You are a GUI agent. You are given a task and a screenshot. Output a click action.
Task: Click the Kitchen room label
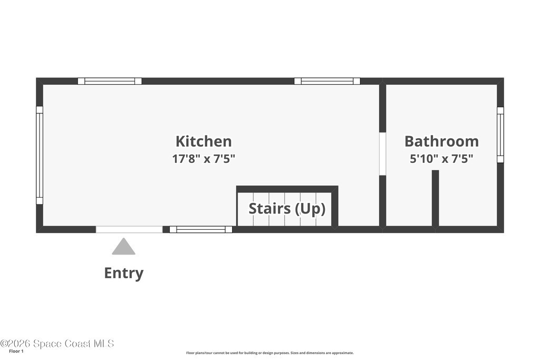pos(204,141)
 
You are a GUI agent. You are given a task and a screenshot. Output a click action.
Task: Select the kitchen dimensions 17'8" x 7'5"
pos(204,159)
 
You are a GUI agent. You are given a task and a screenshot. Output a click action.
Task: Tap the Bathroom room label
pos(441,141)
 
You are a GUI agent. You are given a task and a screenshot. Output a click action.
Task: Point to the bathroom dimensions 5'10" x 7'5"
pos(441,159)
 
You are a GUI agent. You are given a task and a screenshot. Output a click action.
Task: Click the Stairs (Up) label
pos(287,209)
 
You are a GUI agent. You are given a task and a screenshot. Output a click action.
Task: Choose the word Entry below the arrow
pos(123,273)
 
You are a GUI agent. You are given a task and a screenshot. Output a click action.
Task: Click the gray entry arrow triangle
pos(123,247)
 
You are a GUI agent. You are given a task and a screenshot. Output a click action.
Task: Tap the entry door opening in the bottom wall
pos(129,229)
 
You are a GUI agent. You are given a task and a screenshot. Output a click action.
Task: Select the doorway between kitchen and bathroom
pos(382,153)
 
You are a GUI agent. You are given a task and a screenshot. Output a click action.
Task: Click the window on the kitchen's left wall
pos(39,155)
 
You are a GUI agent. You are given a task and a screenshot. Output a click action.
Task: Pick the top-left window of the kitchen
pos(110,81)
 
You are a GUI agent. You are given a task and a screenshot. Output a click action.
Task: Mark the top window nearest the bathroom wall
pos(327,81)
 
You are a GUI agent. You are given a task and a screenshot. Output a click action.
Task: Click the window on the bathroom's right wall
pos(500,135)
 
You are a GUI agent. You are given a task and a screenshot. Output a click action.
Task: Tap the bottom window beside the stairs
pos(201,230)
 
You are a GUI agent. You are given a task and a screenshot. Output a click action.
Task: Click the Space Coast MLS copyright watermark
pos(57,344)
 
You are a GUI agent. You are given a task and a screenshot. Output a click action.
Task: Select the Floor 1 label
pos(16,352)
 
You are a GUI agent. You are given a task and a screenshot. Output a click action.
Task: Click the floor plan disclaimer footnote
pos(269,353)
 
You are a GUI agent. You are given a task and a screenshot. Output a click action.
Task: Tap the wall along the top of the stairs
pos(287,189)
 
